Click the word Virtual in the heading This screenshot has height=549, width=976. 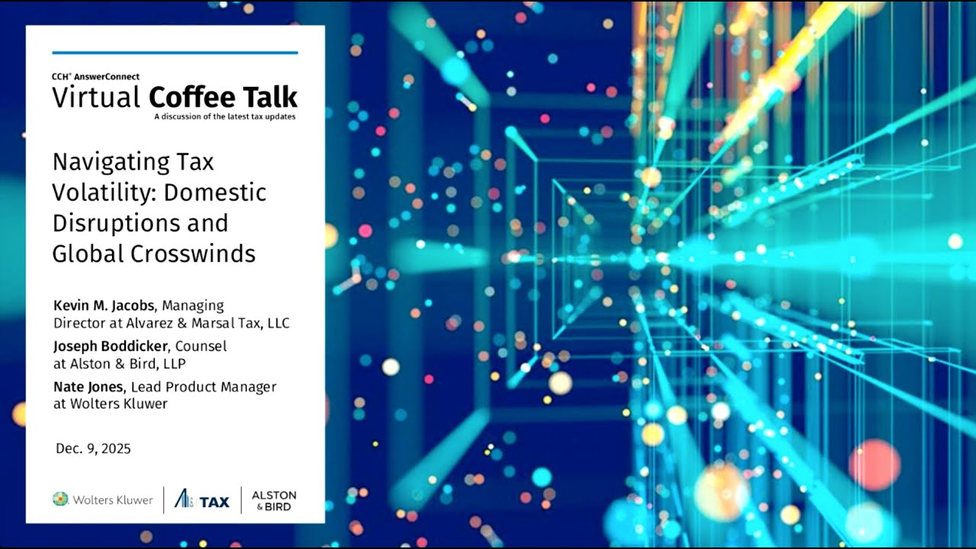[x=96, y=98]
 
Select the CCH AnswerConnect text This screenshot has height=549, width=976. [x=96, y=76]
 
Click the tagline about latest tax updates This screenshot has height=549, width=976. [x=224, y=117]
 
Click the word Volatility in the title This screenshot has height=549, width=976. [x=103, y=192]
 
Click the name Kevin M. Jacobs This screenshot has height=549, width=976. [x=104, y=306]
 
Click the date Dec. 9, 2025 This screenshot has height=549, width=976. [x=93, y=448]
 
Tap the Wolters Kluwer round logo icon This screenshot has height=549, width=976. [x=60, y=499]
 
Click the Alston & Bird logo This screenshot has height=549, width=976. [x=274, y=500]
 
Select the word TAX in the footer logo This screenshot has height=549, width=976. [x=214, y=501]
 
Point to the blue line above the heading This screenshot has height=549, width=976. [x=175, y=53]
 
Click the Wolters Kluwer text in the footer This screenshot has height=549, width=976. [x=113, y=500]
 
